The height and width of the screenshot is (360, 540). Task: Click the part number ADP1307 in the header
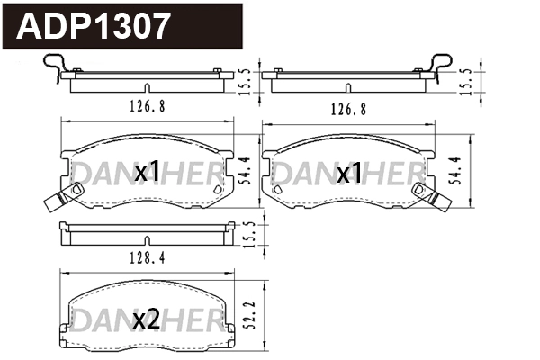[92, 26]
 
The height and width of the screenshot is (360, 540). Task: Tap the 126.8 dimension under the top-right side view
[348, 108]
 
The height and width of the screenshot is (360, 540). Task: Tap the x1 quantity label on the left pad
[147, 171]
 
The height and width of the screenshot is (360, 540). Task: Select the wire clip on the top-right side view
[440, 67]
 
